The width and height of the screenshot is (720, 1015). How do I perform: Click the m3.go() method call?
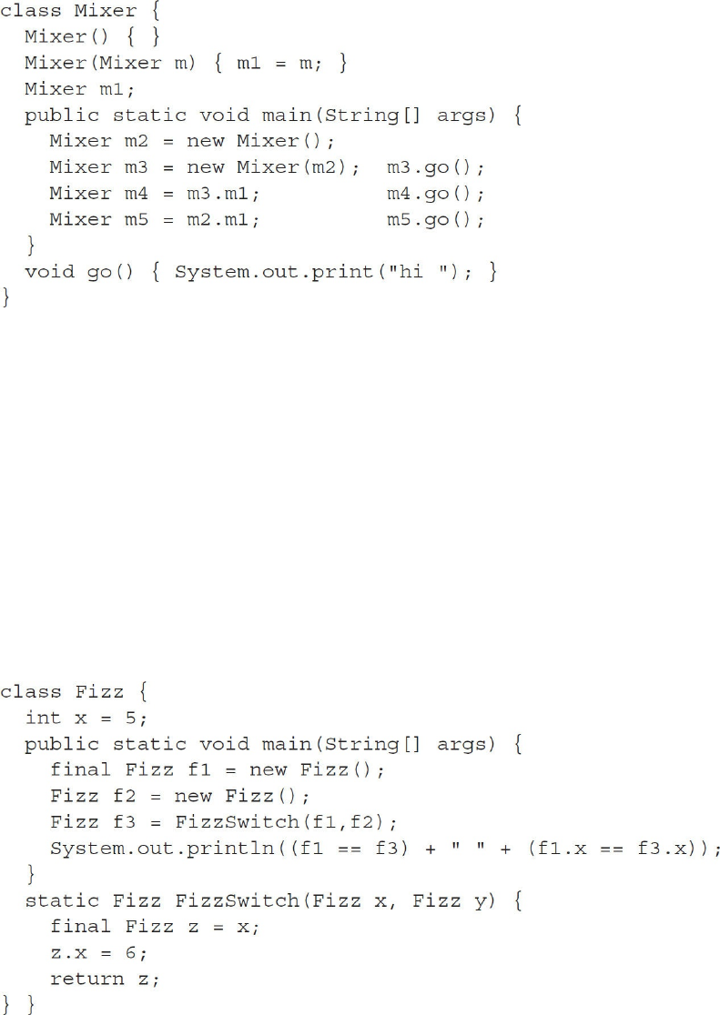pyautogui.click(x=433, y=167)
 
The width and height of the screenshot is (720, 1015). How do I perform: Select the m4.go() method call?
pyautogui.click(x=433, y=194)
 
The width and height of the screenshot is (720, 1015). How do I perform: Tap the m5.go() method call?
pyautogui.click(x=433, y=220)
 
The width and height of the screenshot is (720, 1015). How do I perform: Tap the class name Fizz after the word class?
pyautogui.click(x=99, y=692)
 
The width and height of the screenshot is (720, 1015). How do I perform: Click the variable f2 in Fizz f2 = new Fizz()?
pyautogui.click(x=137, y=796)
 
